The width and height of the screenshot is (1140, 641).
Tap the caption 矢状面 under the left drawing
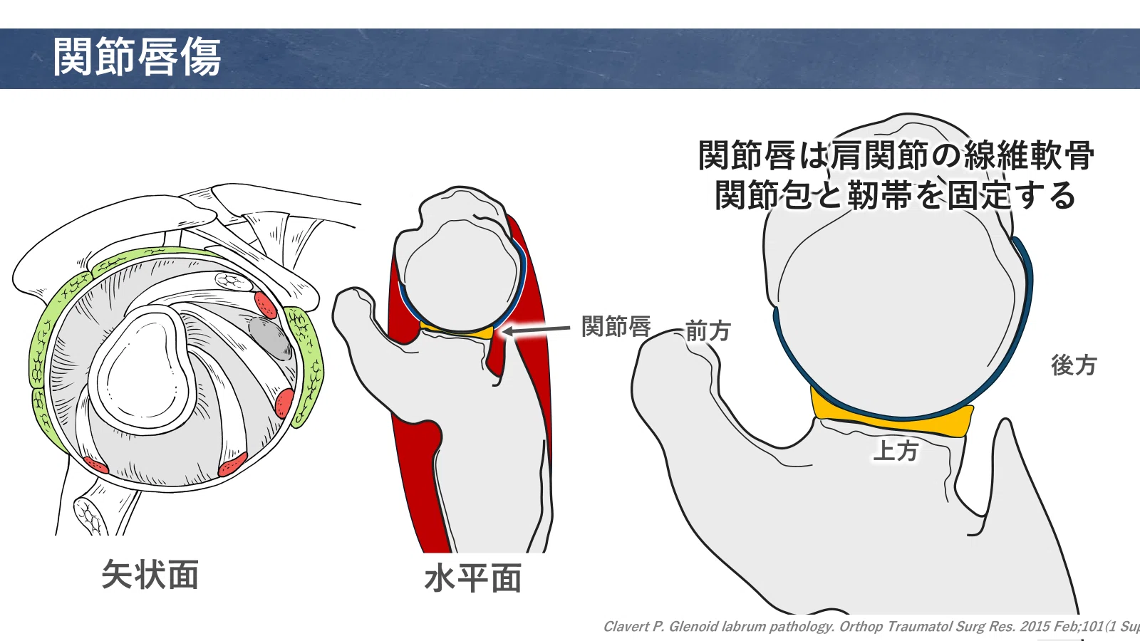point(150,574)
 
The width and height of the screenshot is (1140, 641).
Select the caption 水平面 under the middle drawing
point(473,578)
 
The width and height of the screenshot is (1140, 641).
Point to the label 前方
point(708,331)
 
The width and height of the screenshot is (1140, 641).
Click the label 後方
point(1074,365)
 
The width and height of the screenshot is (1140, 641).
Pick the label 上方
point(896,451)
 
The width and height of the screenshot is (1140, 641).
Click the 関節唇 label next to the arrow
point(616,326)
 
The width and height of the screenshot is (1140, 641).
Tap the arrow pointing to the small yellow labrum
point(536,330)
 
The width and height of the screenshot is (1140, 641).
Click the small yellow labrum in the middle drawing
point(457,330)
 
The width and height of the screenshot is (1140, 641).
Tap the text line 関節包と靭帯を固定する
point(895,195)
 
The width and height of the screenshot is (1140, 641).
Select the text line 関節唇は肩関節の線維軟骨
point(896,155)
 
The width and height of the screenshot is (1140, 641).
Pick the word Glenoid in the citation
point(690,627)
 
